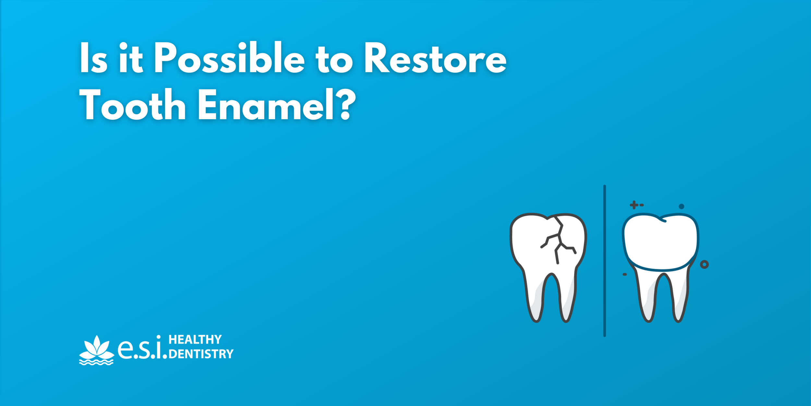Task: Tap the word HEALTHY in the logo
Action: [195, 340]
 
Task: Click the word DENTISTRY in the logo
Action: [201, 354]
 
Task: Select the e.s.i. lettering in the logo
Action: [142, 349]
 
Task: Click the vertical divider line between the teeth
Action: [604, 260]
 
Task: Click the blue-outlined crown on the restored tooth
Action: [660, 242]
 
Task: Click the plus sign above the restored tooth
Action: [634, 205]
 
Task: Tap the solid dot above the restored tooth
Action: [681, 206]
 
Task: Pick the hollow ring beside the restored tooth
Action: [704, 264]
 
